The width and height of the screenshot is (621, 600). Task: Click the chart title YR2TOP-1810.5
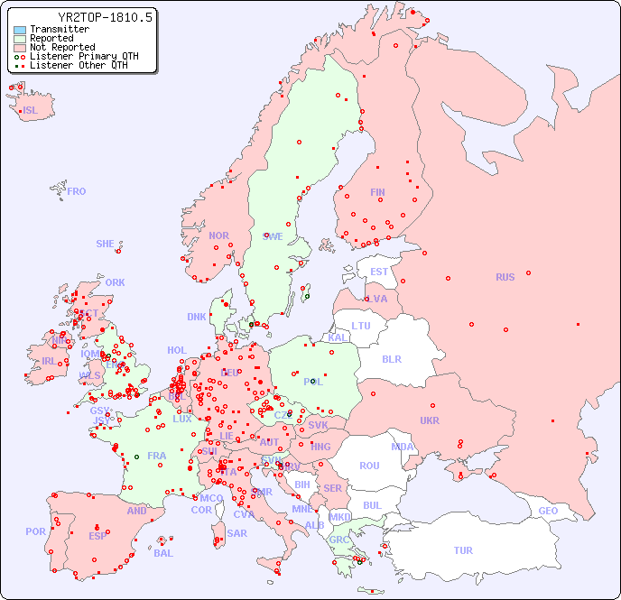coord(105,17)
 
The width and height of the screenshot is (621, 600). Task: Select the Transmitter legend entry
coord(59,29)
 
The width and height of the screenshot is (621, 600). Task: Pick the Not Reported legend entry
coord(61,47)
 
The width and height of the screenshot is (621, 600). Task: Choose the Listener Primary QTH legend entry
coord(84,56)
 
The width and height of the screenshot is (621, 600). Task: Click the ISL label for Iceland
coord(31,111)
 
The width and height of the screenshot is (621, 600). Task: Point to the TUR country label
coord(463,550)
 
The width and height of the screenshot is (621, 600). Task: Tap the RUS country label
coord(505,277)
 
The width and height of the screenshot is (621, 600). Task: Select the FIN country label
coord(377,192)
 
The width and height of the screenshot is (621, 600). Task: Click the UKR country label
coord(430,420)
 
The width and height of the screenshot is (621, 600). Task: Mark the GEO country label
coord(548,511)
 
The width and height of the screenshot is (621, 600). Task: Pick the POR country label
coord(35,531)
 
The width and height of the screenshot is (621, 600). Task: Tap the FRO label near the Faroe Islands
coord(77,191)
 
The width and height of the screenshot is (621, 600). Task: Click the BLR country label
coord(391,358)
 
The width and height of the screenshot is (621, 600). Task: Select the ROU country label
coord(369,466)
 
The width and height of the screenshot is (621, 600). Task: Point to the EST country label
coord(379,272)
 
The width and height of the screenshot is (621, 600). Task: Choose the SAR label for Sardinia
coord(236,533)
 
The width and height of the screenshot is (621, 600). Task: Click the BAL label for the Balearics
coord(163,553)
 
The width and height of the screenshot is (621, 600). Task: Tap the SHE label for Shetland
coord(106,244)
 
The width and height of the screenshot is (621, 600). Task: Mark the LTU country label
coord(361,326)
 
